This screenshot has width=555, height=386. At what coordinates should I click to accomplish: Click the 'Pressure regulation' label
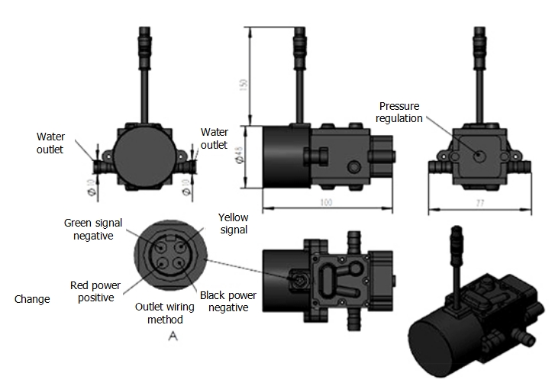point(400,113)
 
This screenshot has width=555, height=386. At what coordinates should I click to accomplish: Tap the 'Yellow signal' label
point(233,223)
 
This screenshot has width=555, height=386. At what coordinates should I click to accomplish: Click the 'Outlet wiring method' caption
point(166,314)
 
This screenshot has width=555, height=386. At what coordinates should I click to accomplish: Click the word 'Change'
point(32,299)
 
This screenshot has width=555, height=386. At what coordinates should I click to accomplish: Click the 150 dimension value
point(244,85)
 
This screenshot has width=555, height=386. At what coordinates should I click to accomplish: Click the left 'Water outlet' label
point(50,143)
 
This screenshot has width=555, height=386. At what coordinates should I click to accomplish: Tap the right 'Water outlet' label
point(214,139)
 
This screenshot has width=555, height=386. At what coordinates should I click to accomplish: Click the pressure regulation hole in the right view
point(479,155)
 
